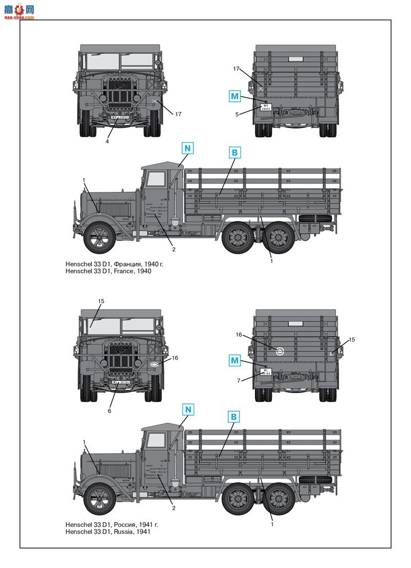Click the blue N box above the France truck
click(187, 148)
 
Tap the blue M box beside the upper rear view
click(234, 96)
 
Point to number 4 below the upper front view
click(107, 141)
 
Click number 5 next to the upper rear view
click(237, 114)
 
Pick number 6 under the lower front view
click(109, 411)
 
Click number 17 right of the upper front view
click(178, 114)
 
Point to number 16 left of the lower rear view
click(238, 334)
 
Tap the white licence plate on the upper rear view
click(266, 108)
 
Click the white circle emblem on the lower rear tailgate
click(280, 352)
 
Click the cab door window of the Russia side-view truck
click(156, 441)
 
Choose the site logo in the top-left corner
click(18, 11)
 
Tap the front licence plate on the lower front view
click(121, 382)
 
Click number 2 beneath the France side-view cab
click(174, 250)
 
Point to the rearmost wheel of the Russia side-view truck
click(279, 500)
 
